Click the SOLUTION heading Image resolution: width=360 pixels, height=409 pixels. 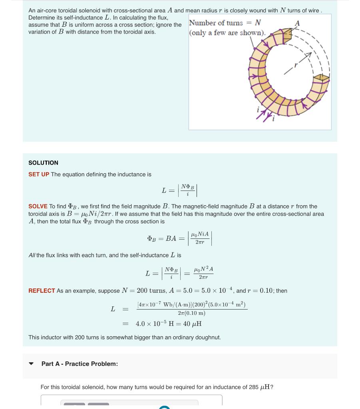(x=43, y=163)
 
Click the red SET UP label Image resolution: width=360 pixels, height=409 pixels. (x=39, y=175)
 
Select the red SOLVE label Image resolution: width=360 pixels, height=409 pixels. (x=38, y=206)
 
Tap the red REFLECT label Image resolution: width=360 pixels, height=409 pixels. (x=42, y=291)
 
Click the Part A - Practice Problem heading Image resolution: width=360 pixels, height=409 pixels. (x=80, y=364)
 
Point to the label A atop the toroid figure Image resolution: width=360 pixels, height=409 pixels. (x=296, y=24)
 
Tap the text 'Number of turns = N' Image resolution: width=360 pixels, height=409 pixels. (x=225, y=23)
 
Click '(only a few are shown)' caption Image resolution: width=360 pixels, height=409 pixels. (x=227, y=32)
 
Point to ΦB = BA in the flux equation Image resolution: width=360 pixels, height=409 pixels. (x=162, y=238)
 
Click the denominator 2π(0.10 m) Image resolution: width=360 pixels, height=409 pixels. (x=191, y=313)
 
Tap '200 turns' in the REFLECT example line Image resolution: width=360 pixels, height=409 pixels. (x=151, y=291)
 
